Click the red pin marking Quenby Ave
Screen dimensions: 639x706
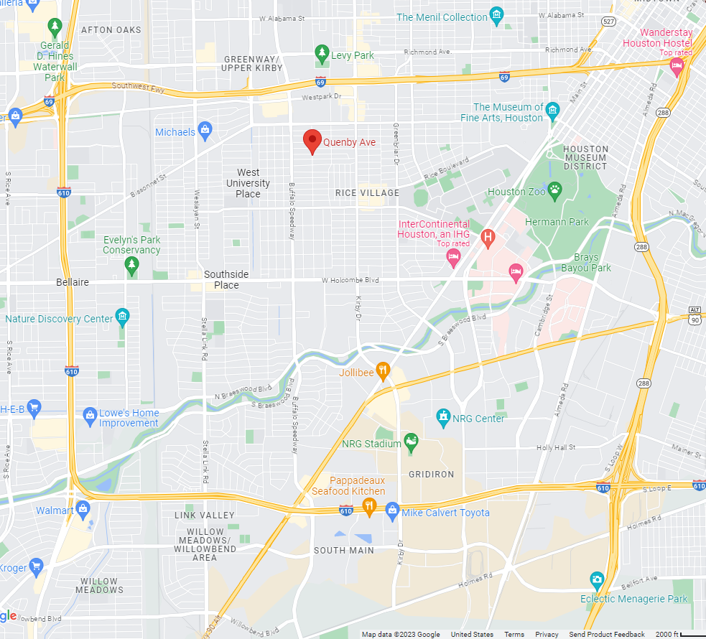(312, 140)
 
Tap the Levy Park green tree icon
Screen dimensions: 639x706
(322, 52)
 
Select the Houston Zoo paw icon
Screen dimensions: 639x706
(554, 190)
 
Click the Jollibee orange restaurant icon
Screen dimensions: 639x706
(383, 371)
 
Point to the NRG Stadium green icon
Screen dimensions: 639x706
(411, 442)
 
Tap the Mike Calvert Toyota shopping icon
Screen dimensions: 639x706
(392, 511)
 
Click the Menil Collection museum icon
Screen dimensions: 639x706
(496, 16)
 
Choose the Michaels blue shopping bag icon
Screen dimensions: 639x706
(205, 131)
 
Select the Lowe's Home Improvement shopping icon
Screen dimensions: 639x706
(90, 414)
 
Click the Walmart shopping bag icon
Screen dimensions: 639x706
(83, 510)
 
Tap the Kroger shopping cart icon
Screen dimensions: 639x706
(35, 566)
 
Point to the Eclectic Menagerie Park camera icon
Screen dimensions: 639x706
(597, 579)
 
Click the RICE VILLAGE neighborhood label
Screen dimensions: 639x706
(367, 192)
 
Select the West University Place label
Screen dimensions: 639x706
(249, 183)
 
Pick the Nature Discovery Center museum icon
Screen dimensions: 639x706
(123, 316)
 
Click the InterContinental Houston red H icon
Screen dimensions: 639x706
(488, 237)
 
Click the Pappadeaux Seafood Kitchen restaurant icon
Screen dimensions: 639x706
(369, 505)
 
